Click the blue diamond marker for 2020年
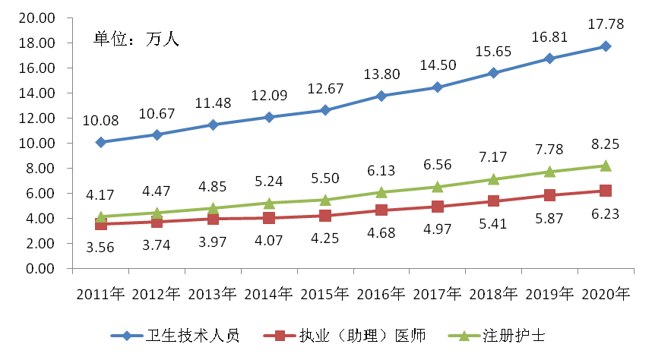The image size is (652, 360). pos(606,46)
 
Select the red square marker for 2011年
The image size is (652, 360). pos(101,224)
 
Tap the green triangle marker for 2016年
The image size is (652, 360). pos(381,192)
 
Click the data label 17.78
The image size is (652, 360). pos(606,24)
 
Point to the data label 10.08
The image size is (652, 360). pos(100,120)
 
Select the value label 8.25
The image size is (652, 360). pos(606,144)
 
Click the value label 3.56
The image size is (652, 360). pos(100,246)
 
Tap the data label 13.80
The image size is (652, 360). pos(381,74)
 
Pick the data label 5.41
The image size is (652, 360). pos(493,224)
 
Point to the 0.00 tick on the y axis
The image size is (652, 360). pos(38,269)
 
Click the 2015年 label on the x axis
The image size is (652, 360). pos(325,293)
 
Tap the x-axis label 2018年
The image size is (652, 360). pos(494,293)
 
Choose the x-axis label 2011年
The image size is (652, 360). pos(100,293)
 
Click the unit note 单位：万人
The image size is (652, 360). pos(135,38)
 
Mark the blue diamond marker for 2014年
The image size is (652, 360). pos(269,117)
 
